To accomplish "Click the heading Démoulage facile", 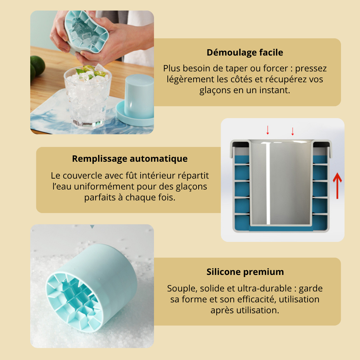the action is (245, 53).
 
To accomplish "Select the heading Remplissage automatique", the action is (130, 159).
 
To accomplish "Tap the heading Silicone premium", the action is (245, 272).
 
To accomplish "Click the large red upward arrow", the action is (337, 186).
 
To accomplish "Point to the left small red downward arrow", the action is (268, 130).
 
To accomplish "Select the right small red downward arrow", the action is (292, 131).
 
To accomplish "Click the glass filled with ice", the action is (88, 96).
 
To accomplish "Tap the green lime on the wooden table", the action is (37, 65).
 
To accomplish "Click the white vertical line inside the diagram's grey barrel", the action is (268, 183).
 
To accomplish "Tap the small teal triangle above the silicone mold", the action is (92, 227).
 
